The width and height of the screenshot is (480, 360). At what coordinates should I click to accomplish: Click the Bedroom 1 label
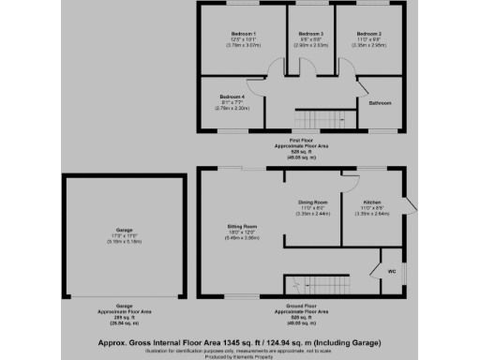point(244,34)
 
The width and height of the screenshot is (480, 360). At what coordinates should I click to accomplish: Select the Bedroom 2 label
point(367,34)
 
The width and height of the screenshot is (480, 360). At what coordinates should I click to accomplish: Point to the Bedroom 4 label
point(232,97)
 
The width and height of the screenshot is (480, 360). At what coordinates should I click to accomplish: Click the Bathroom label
point(380,102)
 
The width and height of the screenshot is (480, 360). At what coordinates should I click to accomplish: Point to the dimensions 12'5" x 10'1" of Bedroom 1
point(244,40)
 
